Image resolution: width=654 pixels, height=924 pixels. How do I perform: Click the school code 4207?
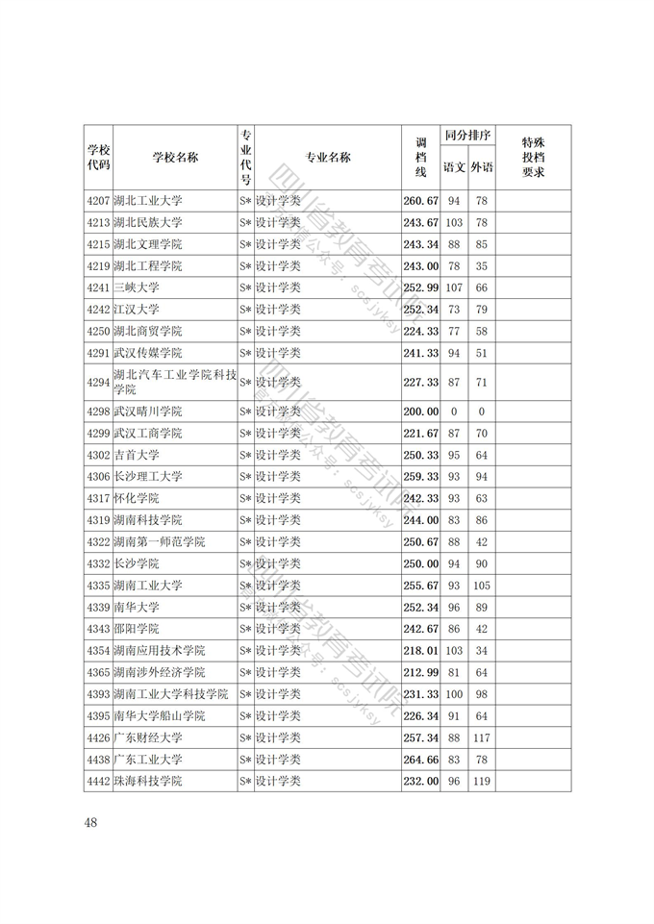pos(97,201)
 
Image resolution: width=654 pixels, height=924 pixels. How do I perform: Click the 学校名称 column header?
pos(174,158)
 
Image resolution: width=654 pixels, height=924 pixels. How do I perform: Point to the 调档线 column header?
pos(420,158)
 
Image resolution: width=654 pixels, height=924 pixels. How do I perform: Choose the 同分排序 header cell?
pos(468,136)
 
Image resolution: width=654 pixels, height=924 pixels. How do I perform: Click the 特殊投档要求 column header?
pos(533,158)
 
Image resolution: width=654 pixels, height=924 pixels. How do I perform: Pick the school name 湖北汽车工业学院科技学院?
pos(173,382)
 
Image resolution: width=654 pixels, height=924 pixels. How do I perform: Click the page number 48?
pos(91,822)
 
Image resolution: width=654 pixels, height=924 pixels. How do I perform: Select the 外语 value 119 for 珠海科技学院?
pos(482,781)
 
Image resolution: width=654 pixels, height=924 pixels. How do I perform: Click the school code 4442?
pos(97,781)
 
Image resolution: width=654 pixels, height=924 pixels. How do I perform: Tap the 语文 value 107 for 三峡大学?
pos(454,287)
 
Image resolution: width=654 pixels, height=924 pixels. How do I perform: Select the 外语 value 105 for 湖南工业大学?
pos(482,586)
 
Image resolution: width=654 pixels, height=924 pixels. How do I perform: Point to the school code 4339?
pos(97,607)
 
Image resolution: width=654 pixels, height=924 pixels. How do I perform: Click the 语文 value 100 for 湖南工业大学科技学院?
pos(454,694)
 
